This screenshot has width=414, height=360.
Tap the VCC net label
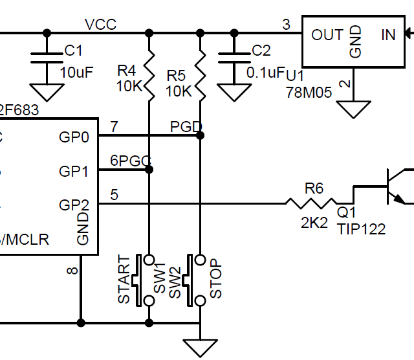101,25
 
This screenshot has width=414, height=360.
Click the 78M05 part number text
309,93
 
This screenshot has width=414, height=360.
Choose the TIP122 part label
361,229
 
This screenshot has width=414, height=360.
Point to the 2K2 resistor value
314,223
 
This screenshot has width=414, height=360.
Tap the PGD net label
186,125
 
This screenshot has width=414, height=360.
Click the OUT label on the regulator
327,34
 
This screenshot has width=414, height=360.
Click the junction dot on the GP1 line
149,170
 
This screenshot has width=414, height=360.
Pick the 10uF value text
77,72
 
